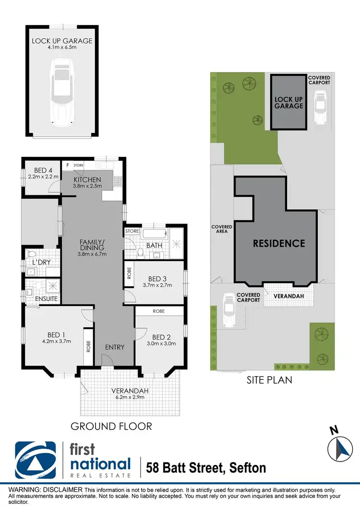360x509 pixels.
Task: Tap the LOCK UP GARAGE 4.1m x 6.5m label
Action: click(62, 44)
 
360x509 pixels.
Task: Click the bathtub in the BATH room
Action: click(154, 235)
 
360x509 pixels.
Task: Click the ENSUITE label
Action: click(47, 299)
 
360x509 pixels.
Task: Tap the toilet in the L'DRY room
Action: click(32, 254)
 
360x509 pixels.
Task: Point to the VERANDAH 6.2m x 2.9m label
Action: click(130, 394)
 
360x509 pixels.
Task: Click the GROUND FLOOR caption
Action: click(111, 426)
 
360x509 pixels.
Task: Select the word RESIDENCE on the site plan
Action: click(279, 243)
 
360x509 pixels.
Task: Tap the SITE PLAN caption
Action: click(270, 380)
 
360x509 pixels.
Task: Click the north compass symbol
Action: click(340, 447)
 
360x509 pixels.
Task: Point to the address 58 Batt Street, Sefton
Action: click(206, 467)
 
